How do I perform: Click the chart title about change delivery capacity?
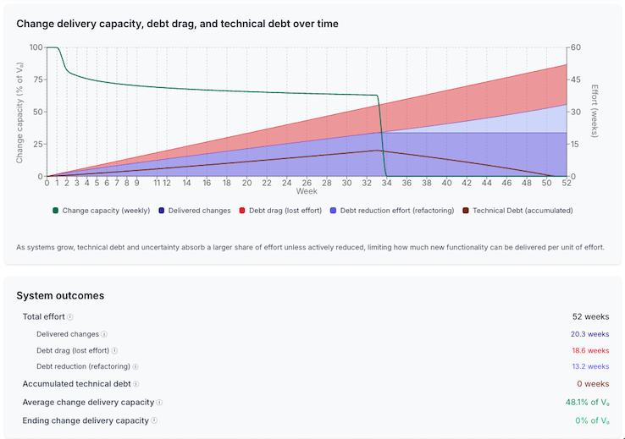177,24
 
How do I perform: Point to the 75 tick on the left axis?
36,80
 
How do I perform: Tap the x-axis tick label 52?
567,182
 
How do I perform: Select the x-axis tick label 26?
307,182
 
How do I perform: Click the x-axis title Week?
307,191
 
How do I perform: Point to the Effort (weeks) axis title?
595,110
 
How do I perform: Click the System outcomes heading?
60,295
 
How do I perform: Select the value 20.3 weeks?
591,334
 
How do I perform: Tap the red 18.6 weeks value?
591,350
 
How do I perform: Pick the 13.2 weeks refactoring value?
591,367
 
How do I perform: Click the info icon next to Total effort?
70,317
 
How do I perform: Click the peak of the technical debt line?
377,151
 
